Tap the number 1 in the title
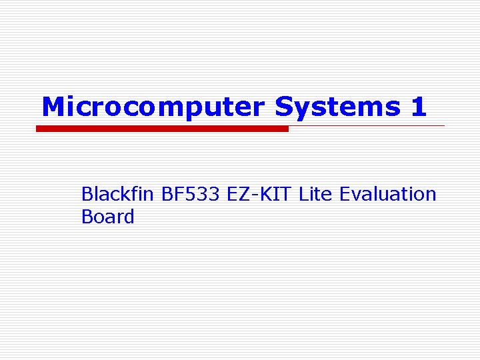(419, 107)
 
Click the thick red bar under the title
(162, 129)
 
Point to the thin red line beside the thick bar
(367, 125)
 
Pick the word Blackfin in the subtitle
(118, 194)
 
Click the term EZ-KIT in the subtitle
(260, 194)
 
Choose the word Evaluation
(387, 194)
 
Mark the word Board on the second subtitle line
(107, 217)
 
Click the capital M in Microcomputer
(53, 107)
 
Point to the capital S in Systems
(285, 107)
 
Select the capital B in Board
(87, 217)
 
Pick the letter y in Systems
(302, 109)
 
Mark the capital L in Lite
(303, 194)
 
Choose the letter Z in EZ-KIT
(244, 194)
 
